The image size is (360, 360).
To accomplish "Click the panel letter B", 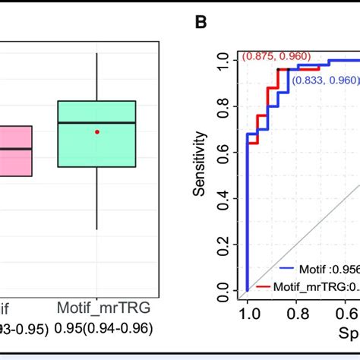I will coord(201,22).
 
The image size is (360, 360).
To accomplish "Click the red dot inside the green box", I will coord(97,131).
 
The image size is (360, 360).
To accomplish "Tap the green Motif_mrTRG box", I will coord(97,134).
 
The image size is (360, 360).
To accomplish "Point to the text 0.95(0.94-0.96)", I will coord(97,328).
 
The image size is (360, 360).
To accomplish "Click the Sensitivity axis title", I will coord(200,163).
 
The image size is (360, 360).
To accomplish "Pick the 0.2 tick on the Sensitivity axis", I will coord(223,245).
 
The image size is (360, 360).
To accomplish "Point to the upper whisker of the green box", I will coord(97,77).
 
